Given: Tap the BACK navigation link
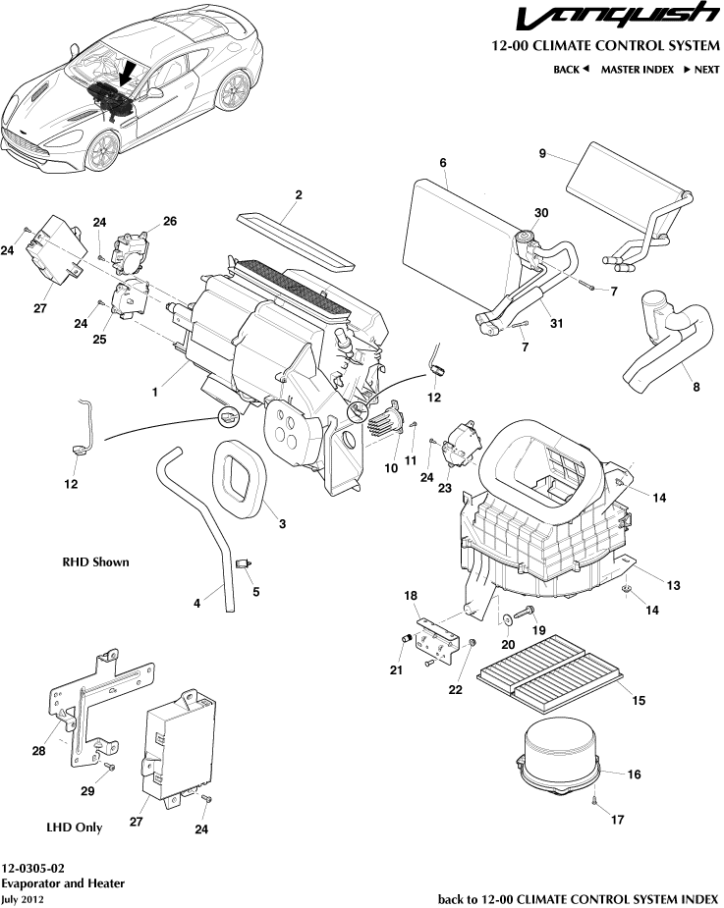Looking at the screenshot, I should (x=570, y=70).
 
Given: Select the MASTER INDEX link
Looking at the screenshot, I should (x=637, y=70).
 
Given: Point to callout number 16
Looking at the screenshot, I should (x=634, y=774).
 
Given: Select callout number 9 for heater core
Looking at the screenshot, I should (x=541, y=153).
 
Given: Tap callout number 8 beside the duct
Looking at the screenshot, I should (x=696, y=387).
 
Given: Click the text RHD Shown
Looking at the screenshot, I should (x=95, y=562).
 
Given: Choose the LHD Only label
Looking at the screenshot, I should (x=75, y=828).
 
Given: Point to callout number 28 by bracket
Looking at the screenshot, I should (x=38, y=752).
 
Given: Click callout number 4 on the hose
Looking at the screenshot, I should (x=196, y=604).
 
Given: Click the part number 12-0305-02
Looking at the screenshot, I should (x=34, y=869).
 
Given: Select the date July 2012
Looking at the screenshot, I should (x=23, y=898).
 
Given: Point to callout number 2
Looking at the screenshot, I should (x=298, y=194).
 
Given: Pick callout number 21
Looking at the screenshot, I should (x=395, y=670).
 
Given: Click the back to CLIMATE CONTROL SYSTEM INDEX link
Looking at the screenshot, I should (x=578, y=898).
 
